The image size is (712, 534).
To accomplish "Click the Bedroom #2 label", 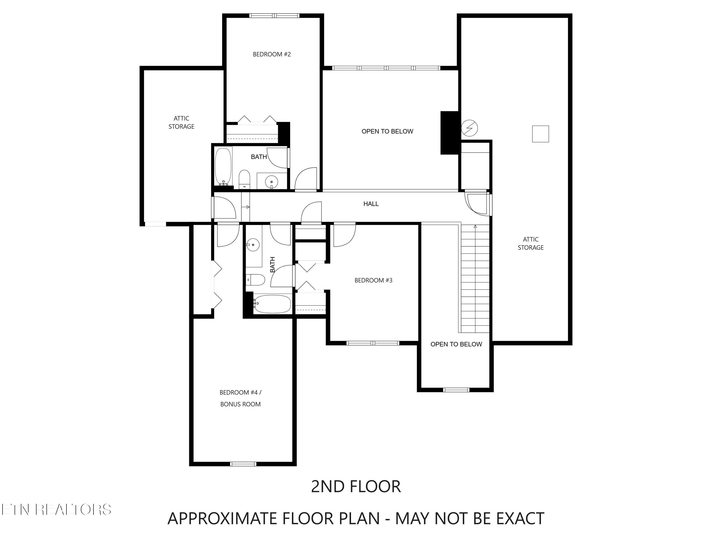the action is (272, 54).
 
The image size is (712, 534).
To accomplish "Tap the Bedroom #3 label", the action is (373, 280).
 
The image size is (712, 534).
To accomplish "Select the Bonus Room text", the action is (240, 404).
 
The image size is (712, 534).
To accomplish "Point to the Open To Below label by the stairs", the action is (456, 344).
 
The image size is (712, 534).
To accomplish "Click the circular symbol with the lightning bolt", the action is (469, 128).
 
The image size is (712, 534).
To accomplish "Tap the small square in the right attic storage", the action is (540, 134).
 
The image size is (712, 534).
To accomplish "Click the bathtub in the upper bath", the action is (223, 166).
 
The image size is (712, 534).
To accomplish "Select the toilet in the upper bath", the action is (244, 179).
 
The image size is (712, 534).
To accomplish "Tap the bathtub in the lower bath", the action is (272, 304).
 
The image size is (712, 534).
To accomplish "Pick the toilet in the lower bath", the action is (256, 280).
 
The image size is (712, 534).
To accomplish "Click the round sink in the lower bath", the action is (253, 245).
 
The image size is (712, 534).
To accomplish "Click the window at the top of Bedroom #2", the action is (274, 15).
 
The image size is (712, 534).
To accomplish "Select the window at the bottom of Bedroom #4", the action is (243, 464).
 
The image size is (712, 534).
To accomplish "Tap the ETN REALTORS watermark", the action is (56, 510).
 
